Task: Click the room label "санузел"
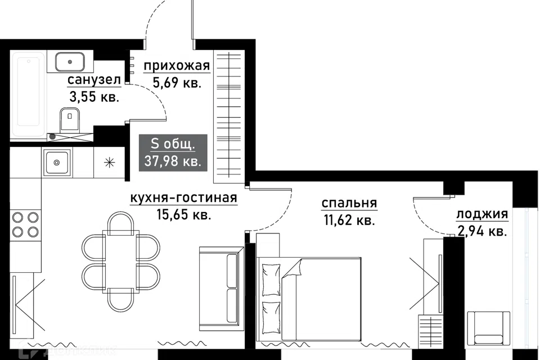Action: (94, 80)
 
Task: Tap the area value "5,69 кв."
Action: (177, 83)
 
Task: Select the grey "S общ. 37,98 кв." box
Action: (173, 152)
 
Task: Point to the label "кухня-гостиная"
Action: (183, 198)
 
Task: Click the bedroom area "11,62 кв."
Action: (349, 219)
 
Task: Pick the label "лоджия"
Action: (482, 214)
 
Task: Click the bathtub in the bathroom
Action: (28, 94)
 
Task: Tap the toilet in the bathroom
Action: (70, 120)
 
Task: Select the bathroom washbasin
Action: (70, 62)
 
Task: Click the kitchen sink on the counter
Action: (57, 162)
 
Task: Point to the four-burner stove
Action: (25, 224)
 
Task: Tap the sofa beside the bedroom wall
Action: (220, 288)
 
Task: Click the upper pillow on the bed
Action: (271, 280)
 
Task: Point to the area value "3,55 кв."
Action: (94, 97)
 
